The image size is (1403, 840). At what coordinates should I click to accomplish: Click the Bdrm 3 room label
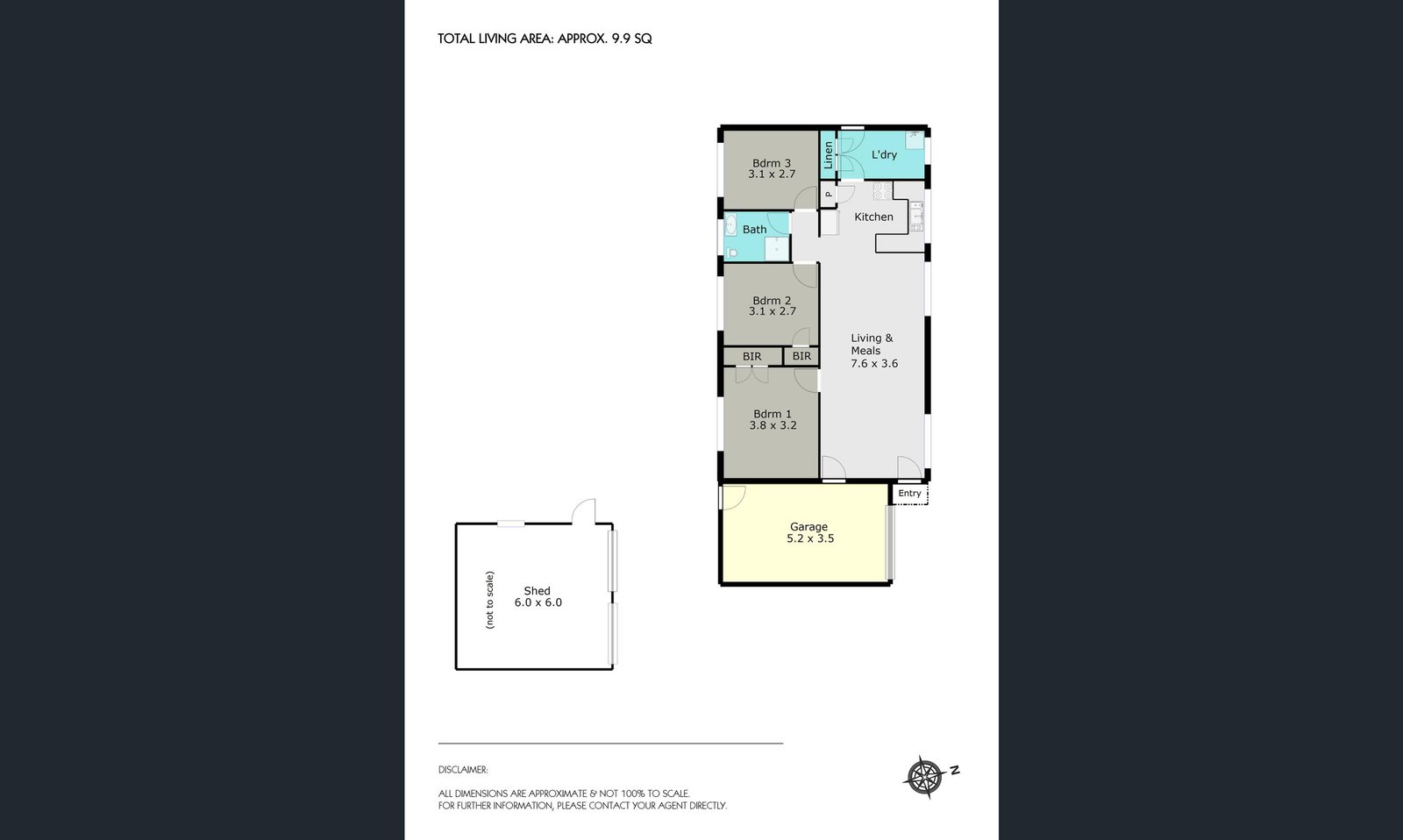772,163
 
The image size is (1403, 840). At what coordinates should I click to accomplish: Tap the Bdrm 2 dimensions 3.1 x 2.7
773,311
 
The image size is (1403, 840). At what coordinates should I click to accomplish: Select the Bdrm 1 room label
773,414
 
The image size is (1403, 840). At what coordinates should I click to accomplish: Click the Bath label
754,230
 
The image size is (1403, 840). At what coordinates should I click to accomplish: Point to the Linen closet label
828,155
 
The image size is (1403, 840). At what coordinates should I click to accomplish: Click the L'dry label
884,154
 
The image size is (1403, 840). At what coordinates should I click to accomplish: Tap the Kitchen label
873,217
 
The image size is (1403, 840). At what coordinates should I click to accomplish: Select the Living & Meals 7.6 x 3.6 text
873,351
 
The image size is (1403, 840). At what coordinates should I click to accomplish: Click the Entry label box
909,494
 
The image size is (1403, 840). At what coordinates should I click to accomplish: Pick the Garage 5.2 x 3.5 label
809,532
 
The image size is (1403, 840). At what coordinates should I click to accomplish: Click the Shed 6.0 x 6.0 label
538,597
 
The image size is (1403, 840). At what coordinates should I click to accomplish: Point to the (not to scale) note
489,600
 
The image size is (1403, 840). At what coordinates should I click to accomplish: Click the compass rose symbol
923,776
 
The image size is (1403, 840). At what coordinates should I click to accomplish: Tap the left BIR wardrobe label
751,357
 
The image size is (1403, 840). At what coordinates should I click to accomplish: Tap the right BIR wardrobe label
801,356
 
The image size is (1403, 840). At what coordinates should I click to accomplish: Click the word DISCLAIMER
463,770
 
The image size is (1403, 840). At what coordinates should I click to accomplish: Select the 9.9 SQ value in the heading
631,39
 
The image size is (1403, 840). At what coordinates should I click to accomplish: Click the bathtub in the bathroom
730,225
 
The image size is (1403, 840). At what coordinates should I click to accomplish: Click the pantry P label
828,195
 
